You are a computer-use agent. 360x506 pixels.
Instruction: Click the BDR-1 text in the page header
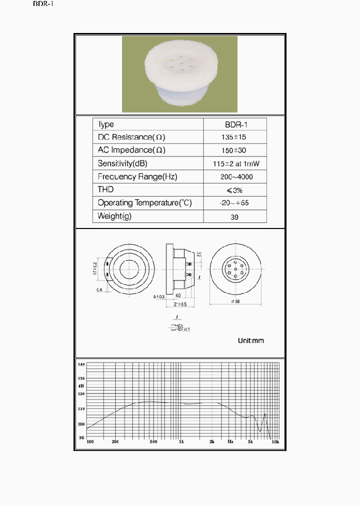click(43, 4)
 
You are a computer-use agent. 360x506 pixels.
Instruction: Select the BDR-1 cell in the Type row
click(235, 124)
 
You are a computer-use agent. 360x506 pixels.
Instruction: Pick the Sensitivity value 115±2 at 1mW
click(235, 163)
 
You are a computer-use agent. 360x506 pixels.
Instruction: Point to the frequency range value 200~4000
click(235, 176)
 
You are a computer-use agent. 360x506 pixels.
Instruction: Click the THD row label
click(106, 189)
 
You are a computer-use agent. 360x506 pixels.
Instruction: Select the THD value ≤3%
click(235, 190)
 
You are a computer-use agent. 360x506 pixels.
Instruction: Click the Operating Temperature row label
click(144, 203)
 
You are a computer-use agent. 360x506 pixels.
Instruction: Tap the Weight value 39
click(235, 217)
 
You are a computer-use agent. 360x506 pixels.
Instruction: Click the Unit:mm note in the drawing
click(250, 340)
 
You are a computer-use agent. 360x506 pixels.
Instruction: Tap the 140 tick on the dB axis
click(81, 364)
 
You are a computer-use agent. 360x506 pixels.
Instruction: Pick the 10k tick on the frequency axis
click(274, 442)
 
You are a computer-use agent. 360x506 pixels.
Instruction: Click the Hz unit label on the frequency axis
click(230, 442)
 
